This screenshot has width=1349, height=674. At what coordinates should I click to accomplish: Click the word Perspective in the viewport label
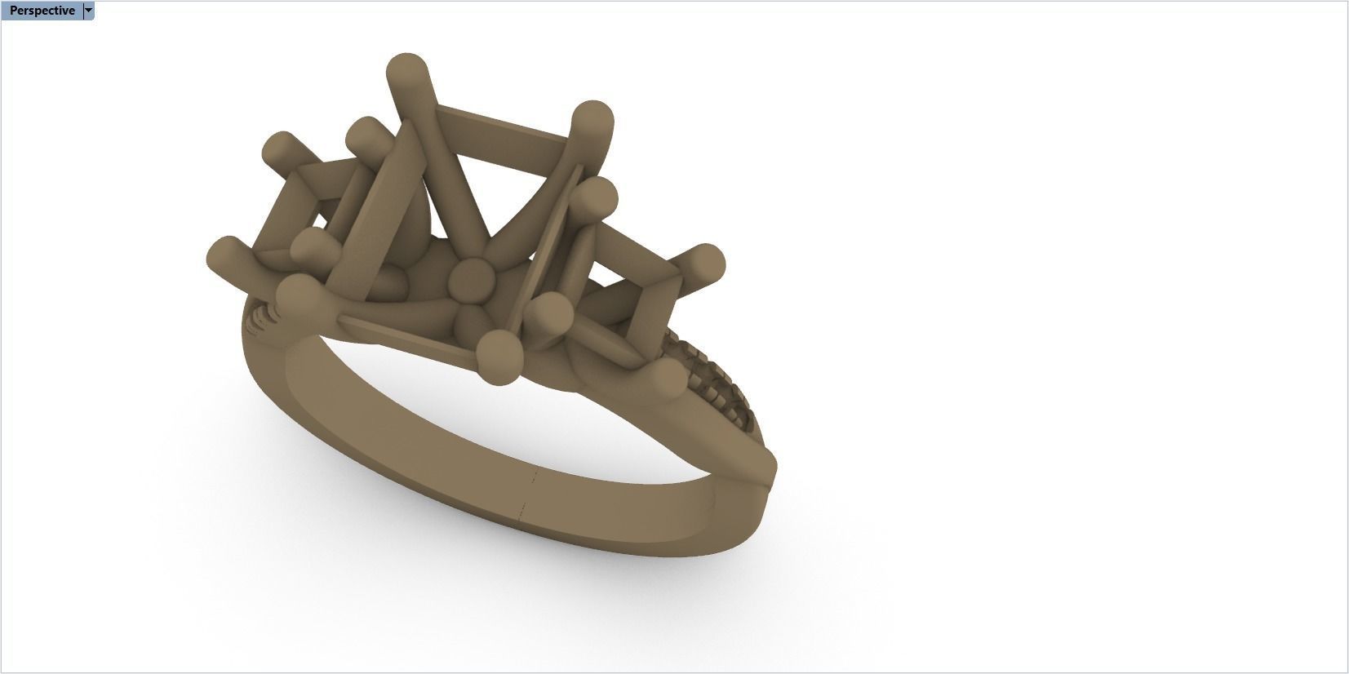42,11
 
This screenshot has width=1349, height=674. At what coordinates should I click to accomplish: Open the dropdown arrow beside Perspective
89,11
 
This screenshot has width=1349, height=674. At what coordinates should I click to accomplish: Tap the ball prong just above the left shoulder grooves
299,295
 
